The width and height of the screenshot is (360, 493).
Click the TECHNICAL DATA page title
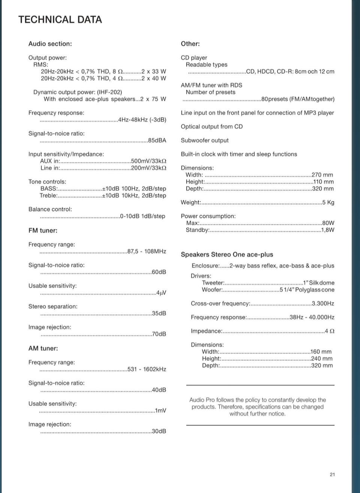(60, 20)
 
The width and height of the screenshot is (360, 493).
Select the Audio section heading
(50, 44)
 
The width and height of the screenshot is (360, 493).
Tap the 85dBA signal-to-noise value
(157, 140)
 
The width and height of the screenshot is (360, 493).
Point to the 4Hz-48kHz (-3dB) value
(142, 120)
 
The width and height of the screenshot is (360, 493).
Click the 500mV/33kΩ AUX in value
(148, 161)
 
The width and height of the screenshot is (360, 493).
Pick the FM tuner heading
(43, 230)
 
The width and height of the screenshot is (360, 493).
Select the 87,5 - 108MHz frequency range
(147, 251)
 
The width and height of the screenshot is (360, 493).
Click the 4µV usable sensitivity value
(161, 293)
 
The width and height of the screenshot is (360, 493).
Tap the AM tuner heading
(43, 348)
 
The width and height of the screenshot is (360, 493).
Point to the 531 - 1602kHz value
(147, 369)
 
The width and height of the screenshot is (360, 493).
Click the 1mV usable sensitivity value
(160, 410)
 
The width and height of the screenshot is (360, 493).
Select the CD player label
(194, 58)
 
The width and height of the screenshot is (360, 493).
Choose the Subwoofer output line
(204, 140)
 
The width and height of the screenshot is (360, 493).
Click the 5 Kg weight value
(328, 202)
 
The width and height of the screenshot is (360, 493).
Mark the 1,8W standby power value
(328, 230)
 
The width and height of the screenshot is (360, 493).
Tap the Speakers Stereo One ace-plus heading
(227, 254)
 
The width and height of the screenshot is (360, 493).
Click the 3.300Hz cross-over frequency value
(323, 303)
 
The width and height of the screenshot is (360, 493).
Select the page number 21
(332, 475)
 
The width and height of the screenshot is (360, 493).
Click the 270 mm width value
(322, 175)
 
